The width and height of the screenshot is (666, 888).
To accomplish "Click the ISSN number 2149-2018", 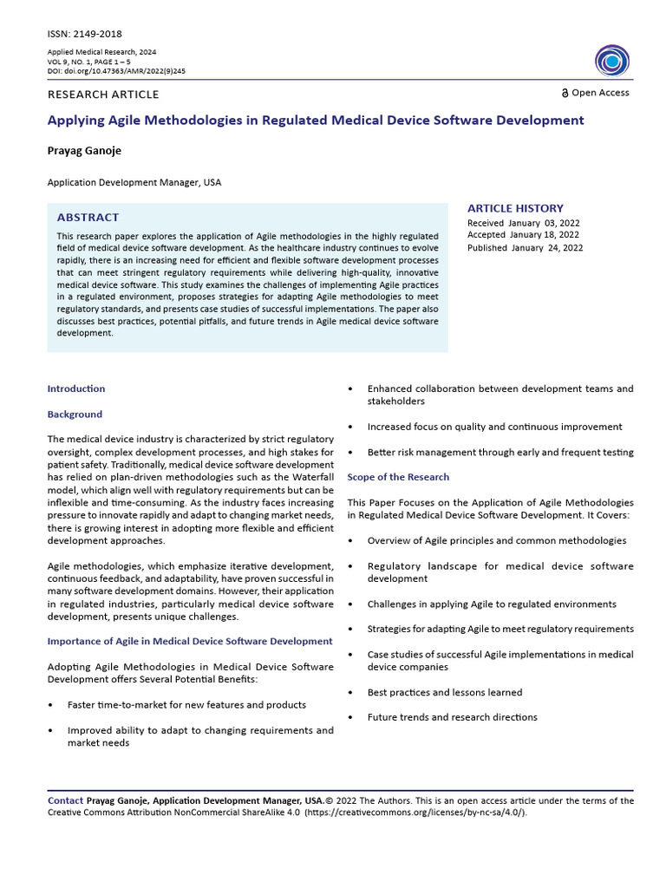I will [x=98, y=34].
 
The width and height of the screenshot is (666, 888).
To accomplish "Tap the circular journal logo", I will [x=612, y=61].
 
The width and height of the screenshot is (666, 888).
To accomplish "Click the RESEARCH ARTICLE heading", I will [x=103, y=95].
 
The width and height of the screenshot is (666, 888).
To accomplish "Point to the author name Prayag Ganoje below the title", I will [x=84, y=151].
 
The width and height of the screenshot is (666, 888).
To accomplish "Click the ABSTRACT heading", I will [x=88, y=218].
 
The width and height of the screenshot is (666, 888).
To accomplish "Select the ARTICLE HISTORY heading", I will [x=515, y=208].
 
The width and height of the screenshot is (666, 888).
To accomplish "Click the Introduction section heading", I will [x=76, y=388].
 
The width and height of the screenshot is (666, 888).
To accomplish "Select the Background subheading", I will [x=75, y=415].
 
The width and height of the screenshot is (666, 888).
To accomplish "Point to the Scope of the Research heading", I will [x=398, y=477].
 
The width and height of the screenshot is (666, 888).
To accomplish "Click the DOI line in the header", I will [x=116, y=71].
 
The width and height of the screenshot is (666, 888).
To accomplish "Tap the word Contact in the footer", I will [x=65, y=800].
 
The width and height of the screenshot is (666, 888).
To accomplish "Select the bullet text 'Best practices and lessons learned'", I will [x=444, y=692].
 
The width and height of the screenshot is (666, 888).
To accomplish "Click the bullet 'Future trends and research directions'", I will [x=452, y=717].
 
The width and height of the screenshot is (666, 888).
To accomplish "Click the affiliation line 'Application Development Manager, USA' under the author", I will [x=134, y=183].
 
